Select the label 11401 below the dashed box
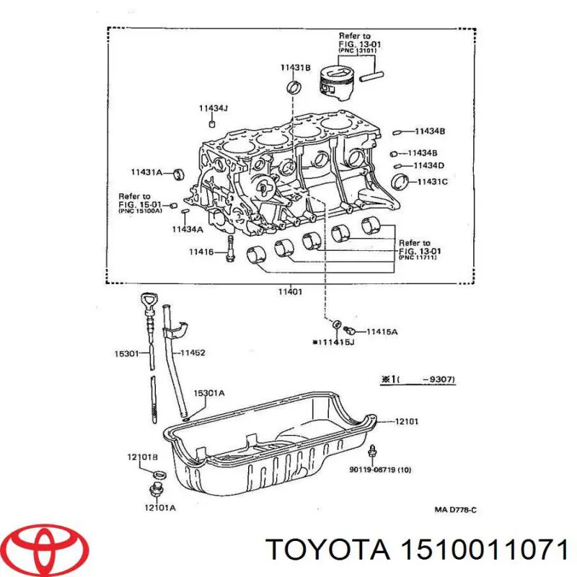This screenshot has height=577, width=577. click(x=290, y=292)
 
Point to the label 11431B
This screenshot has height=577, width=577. click(x=295, y=68)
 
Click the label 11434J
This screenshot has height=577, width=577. click(x=213, y=108)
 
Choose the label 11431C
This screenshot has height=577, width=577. click(x=432, y=182)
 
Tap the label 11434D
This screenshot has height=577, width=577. click(x=428, y=166)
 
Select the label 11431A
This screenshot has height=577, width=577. click(x=146, y=172)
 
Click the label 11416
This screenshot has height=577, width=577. click(x=201, y=252)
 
